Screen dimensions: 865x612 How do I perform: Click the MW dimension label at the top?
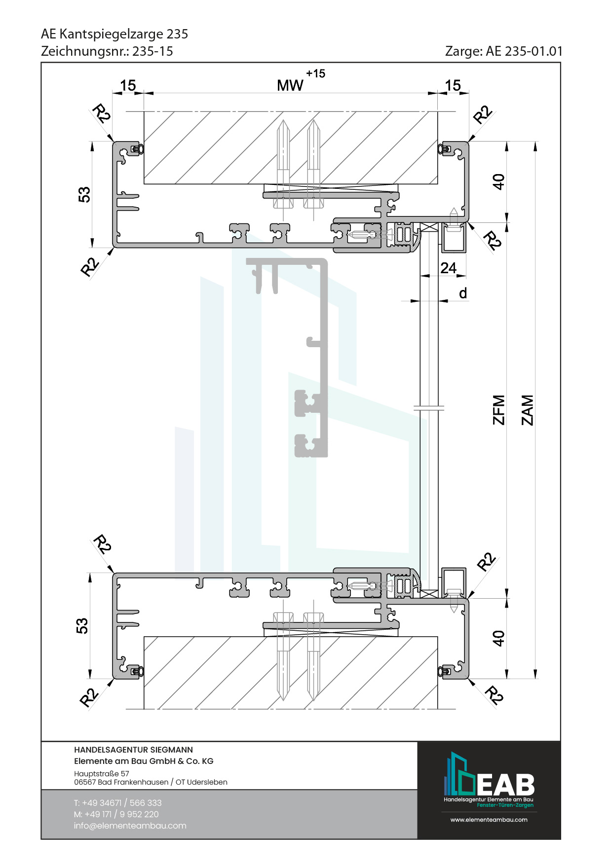tap(290, 86)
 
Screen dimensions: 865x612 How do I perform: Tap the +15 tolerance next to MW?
tap(315, 73)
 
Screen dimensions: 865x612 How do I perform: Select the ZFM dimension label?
tap(499, 410)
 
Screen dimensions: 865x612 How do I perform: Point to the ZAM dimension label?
tap(528, 410)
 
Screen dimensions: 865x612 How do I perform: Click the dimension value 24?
tap(448, 268)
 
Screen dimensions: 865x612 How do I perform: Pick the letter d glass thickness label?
tap(463, 293)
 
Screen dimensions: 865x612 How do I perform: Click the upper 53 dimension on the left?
tap(84, 194)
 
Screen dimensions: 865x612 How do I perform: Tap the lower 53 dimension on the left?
tap(82, 626)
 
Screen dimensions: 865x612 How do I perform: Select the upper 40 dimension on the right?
tap(499, 181)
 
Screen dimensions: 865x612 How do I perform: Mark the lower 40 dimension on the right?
tap(499, 638)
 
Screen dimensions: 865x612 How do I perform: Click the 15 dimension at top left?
tap(128, 85)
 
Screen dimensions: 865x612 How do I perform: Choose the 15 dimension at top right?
tap(453, 85)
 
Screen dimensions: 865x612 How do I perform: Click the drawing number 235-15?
tap(153, 51)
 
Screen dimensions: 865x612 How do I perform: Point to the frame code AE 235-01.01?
tap(524, 51)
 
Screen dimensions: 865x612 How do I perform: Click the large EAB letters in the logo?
tap(505, 784)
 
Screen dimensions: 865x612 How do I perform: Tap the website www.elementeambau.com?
tap(489, 820)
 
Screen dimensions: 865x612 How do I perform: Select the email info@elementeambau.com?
tap(130, 826)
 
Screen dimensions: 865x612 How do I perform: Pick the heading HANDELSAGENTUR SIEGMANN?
tap(133, 750)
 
